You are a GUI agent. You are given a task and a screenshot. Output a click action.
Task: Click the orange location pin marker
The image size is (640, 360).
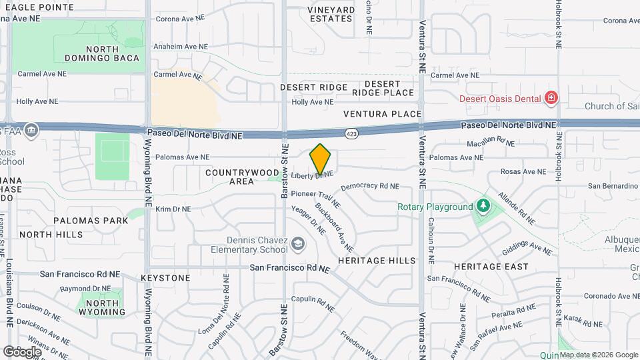point(321,159)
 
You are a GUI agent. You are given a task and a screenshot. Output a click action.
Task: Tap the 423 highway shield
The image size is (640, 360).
point(350,134)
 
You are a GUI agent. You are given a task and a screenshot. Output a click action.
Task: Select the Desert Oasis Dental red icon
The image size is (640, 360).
point(551,99)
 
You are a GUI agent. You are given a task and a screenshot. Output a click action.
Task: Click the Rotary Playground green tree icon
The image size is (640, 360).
point(483,207)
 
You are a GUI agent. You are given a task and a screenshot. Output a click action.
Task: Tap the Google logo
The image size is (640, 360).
point(22,351)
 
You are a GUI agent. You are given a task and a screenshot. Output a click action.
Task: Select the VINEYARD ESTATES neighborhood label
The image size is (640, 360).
point(331,14)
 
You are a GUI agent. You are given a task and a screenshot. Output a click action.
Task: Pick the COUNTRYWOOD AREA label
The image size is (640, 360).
point(231,177)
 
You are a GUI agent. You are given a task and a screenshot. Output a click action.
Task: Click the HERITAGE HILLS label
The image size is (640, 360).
point(377,260)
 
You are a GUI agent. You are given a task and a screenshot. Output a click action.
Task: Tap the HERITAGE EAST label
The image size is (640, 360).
point(491,267)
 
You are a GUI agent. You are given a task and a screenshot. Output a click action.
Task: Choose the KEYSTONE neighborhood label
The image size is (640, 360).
point(166,277)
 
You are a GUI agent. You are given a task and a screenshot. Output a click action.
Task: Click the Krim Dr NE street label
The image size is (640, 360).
point(173,209)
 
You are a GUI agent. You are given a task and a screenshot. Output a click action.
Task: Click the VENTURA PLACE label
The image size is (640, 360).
point(383,114)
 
